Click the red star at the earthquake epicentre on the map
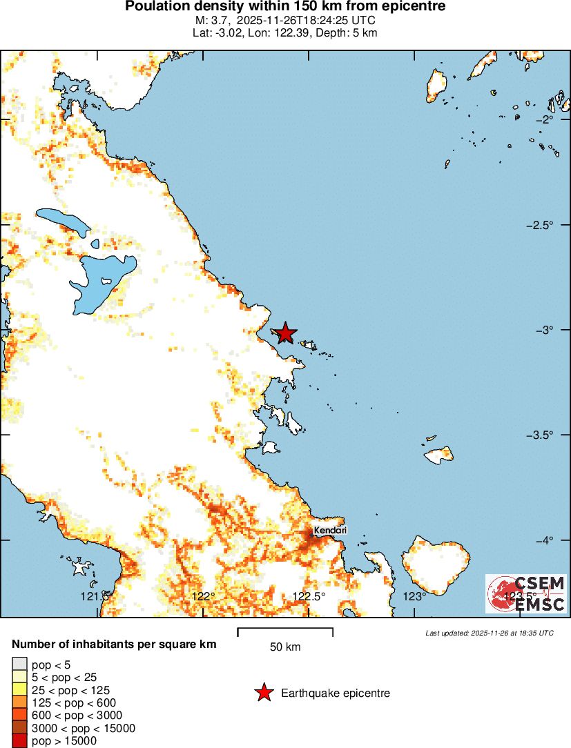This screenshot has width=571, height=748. click(285, 333)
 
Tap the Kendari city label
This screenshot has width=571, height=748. click(329, 530)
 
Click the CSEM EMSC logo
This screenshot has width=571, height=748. click(526, 593)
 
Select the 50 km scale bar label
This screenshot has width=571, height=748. click(285, 647)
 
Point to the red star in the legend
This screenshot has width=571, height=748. click(263, 693)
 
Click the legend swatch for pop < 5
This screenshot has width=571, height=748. click(19, 665)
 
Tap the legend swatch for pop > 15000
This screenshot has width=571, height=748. click(19, 741)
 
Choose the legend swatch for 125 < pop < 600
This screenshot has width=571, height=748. click(19, 702)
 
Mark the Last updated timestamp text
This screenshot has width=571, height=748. click(489, 633)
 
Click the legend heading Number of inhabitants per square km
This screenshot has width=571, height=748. click(115, 644)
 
